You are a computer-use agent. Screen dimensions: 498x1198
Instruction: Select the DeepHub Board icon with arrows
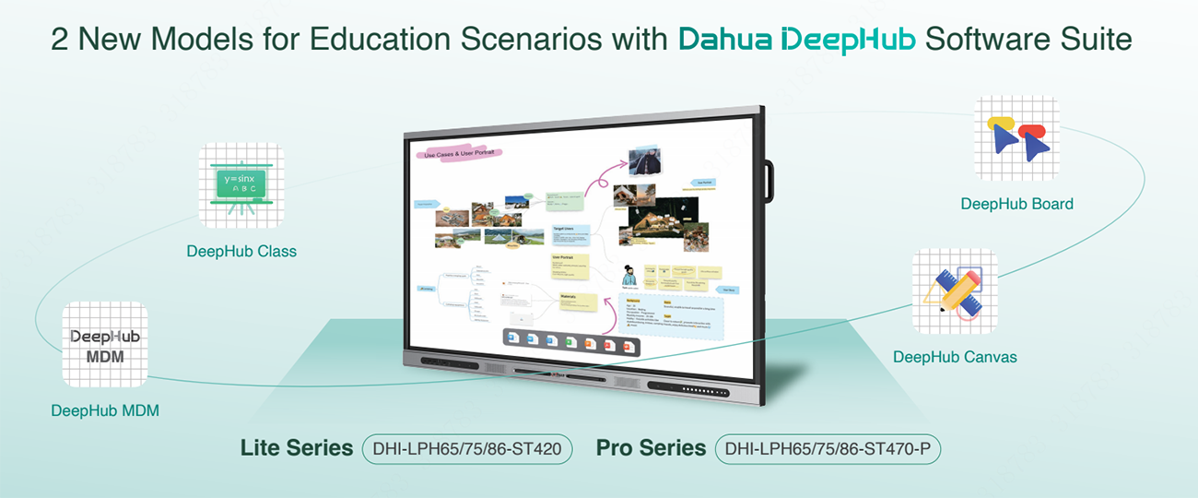click(x=1016, y=139)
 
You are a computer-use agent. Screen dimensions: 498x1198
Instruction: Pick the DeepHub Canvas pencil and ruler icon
click(x=955, y=291)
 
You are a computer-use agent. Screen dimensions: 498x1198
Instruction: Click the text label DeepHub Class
click(x=241, y=251)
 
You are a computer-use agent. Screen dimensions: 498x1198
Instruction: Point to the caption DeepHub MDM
click(x=105, y=410)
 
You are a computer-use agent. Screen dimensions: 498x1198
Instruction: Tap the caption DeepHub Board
click(x=1016, y=204)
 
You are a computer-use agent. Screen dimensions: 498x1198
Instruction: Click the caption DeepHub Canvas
click(x=955, y=357)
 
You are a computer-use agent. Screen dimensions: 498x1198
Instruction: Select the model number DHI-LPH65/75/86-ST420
click(x=468, y=449)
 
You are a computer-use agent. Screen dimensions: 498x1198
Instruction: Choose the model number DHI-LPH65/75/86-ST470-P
click(x=828, y=449)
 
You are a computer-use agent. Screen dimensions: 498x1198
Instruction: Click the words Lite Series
click(x=297, y=448)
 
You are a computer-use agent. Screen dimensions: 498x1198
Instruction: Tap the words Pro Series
click(x=651, y=448)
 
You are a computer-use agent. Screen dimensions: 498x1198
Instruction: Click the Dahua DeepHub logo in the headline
click(x=797, y=41)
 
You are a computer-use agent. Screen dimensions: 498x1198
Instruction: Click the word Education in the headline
click(x=383, y=41)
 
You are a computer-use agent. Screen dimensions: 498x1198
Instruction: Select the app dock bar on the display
click(x=571, y=340)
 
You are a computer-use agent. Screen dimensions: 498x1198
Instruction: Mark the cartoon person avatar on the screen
click(x=629, y=277)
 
